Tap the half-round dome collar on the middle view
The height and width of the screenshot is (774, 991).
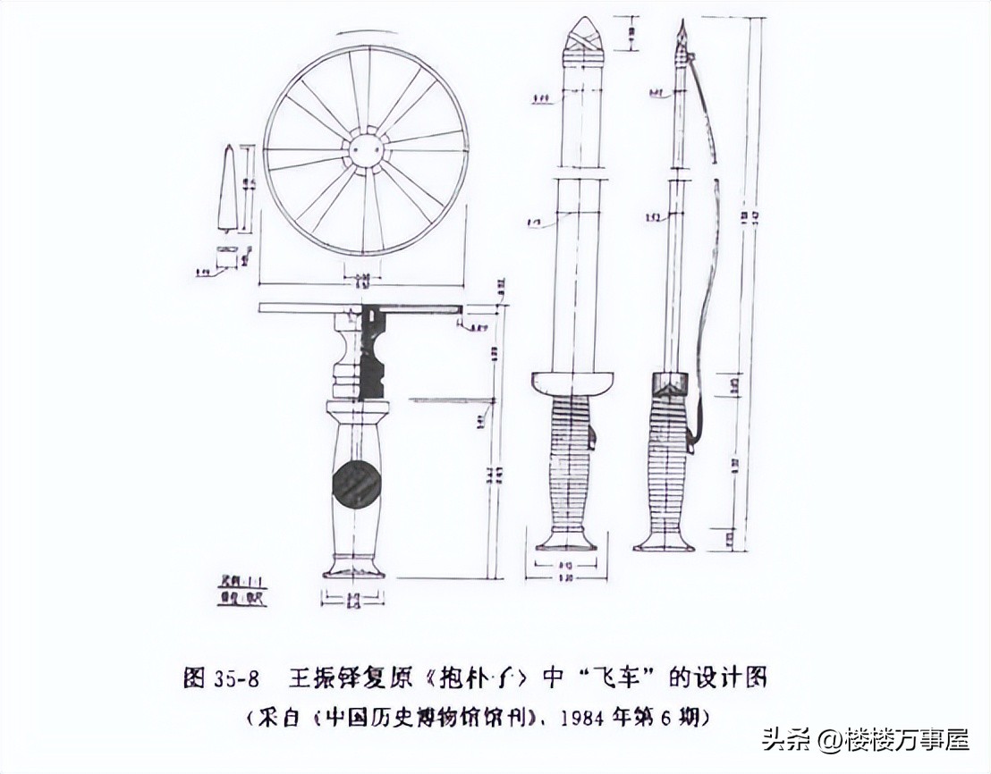(573, 383)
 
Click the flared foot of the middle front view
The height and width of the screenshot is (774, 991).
(568, 542)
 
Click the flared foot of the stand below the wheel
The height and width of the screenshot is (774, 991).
(354, 568)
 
